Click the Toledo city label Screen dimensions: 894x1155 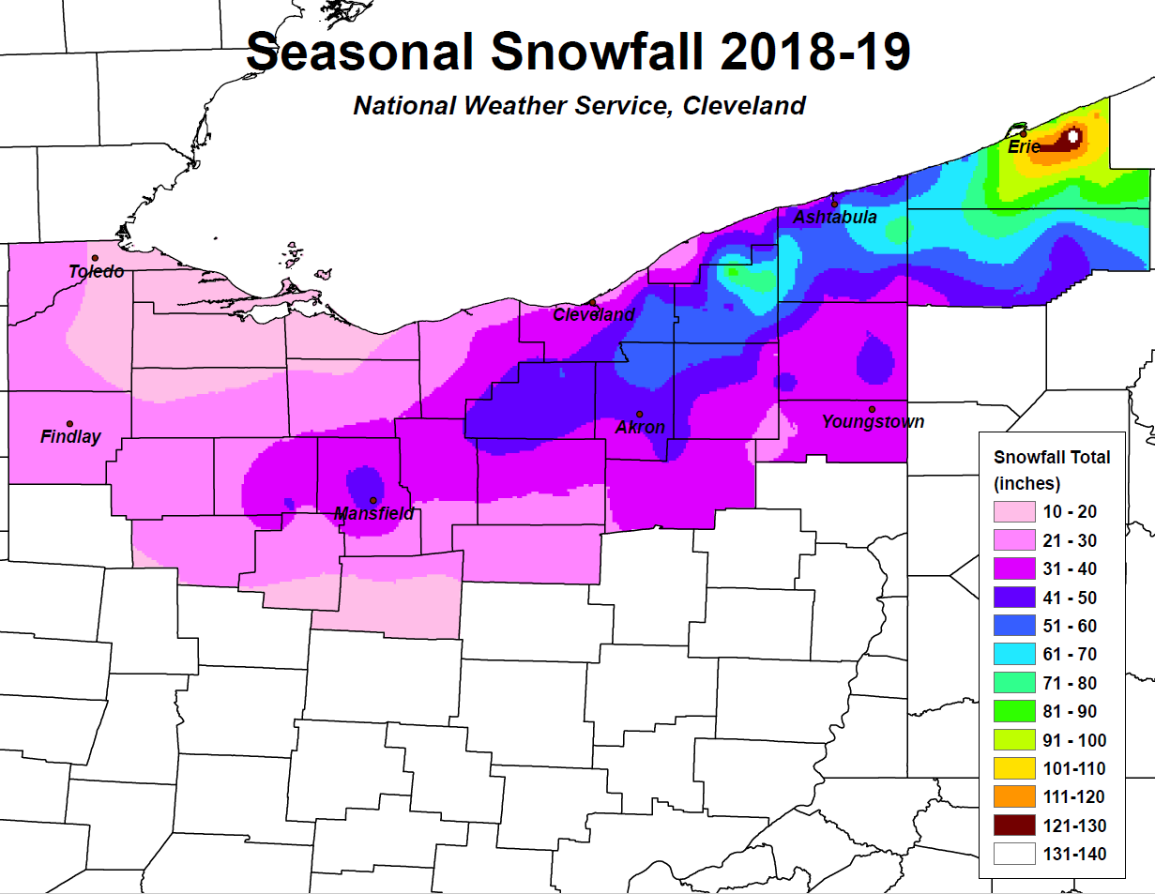point(96,272)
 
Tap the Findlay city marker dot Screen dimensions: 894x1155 point(69,424)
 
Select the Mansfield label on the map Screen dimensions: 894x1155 point(374,514)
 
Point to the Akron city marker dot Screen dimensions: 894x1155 point(639,414)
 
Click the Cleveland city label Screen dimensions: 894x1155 point(593,314)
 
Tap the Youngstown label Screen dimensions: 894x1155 point(873,422)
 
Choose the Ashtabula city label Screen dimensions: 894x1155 point(835,218)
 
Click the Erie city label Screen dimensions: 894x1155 point(1023,147)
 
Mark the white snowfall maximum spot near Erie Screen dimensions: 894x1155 point(1073,136)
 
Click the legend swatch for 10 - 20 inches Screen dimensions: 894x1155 point(1013,512)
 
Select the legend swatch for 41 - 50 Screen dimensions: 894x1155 point(1013,598)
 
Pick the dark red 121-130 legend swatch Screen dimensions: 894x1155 point(1013,826)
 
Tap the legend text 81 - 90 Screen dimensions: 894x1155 point(1070,712)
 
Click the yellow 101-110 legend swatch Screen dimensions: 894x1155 point(1013,769)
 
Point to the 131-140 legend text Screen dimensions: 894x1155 point(1074,855)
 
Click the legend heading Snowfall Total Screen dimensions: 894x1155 point(1051,457)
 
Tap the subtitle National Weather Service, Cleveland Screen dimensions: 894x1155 point(579,105)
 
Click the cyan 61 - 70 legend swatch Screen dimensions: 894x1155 point(1013,655)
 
